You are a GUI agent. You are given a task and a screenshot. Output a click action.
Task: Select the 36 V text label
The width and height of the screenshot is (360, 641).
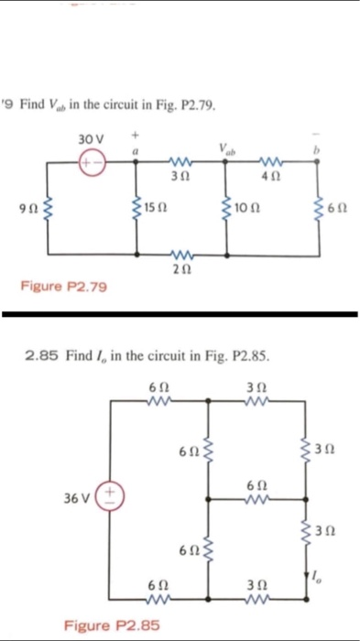pos(76,503)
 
